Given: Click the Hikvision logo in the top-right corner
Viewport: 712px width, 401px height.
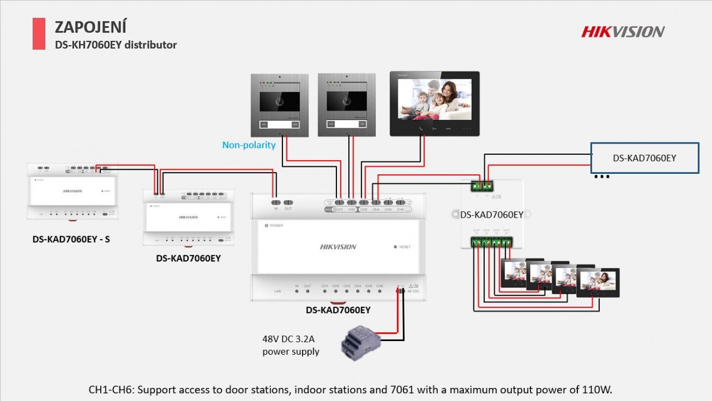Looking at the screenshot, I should [622, 31].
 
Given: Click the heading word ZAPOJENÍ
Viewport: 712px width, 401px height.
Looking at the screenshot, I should [90, 27].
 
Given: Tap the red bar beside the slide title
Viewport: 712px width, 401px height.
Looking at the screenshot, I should [39, 33].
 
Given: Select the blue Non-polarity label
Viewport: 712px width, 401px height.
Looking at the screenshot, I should [249, 145].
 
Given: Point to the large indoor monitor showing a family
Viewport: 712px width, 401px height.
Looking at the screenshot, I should [434, 104].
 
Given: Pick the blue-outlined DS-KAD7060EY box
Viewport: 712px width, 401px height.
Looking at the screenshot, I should [644, 158].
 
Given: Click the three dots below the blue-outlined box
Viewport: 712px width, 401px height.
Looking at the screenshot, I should [602, 177].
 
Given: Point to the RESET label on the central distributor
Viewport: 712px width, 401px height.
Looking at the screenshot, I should [405, 247].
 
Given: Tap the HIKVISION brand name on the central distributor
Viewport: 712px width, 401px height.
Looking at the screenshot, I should [338, 247].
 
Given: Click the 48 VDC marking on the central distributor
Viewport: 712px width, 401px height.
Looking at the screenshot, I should [413, 291].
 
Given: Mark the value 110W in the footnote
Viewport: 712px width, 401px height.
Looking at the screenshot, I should [599, 390].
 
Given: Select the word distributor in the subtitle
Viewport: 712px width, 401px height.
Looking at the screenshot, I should [152, 44].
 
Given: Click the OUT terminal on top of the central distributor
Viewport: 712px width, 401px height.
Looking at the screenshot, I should [288, 203].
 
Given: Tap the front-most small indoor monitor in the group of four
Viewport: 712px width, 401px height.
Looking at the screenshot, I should [599, 283].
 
